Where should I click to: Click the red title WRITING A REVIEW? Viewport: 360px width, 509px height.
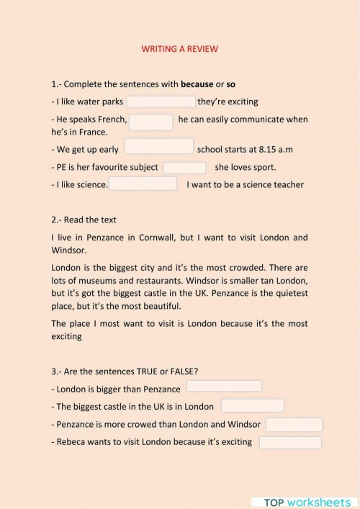click(x=180, y=49)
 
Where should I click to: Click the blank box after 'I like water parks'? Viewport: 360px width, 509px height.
click(x=161, y=102)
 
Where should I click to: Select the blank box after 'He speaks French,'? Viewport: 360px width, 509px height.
click(x=150, y=121)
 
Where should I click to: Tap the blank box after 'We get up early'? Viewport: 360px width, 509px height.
click(x=159, y=147)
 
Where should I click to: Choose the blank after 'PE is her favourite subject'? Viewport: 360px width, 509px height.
click(x=185, y=168)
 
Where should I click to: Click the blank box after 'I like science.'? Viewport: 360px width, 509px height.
click(x=143, y=184)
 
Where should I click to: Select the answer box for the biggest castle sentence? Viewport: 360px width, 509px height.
click(x=252, y=405)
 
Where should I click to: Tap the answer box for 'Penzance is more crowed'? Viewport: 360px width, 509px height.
click(x=294, y=424)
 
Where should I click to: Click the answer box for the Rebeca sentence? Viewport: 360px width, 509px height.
click(x=290, y=441)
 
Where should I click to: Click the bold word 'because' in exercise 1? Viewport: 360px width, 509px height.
click(x=197, y=84)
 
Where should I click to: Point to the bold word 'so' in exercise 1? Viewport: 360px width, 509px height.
click(x=231, y=84)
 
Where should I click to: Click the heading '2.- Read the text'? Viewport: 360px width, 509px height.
click(x=84, y=220)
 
